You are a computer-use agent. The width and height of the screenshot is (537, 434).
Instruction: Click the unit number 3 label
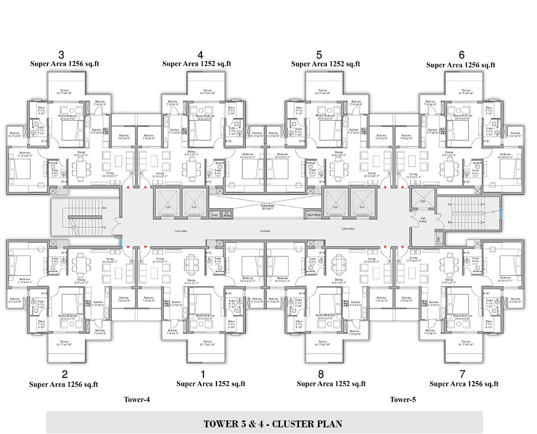61,54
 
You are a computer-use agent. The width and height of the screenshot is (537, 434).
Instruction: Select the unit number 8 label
321,374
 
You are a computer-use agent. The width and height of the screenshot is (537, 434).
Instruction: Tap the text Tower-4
137,399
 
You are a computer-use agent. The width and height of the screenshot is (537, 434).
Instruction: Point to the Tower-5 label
403,399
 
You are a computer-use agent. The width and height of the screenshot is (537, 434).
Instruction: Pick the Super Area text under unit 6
461,65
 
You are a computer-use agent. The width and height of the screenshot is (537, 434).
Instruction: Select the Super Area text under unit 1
211,383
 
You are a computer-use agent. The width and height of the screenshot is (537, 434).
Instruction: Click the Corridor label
265,231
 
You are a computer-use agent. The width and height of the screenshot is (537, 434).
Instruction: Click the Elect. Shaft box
314,215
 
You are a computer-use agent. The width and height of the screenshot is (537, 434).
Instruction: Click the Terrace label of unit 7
465,342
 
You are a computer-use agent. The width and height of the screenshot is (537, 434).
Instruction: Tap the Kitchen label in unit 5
354,130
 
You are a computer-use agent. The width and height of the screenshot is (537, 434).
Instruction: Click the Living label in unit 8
371,259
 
